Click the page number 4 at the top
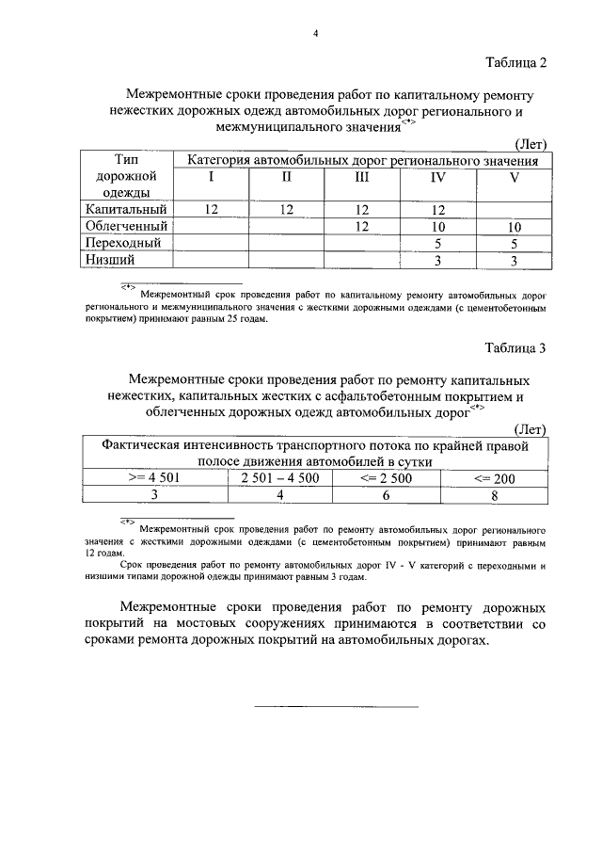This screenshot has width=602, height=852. [x=316, y=34]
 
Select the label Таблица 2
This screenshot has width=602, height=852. [x=515, y=62]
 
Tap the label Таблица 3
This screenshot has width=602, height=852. [x=515, y=348]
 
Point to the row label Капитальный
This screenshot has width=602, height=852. [x=126, y=209]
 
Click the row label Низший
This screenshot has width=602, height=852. [x=106, y=259]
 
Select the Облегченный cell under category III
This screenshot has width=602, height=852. [x=361, y=226]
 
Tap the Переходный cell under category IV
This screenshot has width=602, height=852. [x=437, y=243]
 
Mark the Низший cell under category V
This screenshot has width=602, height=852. [x=515, y=260]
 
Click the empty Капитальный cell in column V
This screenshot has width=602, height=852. [x=515, y=209]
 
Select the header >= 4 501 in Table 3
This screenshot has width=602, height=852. [x=154, y=478]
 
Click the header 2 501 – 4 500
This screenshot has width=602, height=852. [x=280, y=478]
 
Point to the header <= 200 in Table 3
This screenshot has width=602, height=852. [x=494, y=478]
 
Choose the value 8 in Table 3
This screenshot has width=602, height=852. [x=494, y=495]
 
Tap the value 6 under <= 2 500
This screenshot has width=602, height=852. [x=386, y=495]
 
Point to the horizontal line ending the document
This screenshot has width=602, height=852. [x=336, y=705]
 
